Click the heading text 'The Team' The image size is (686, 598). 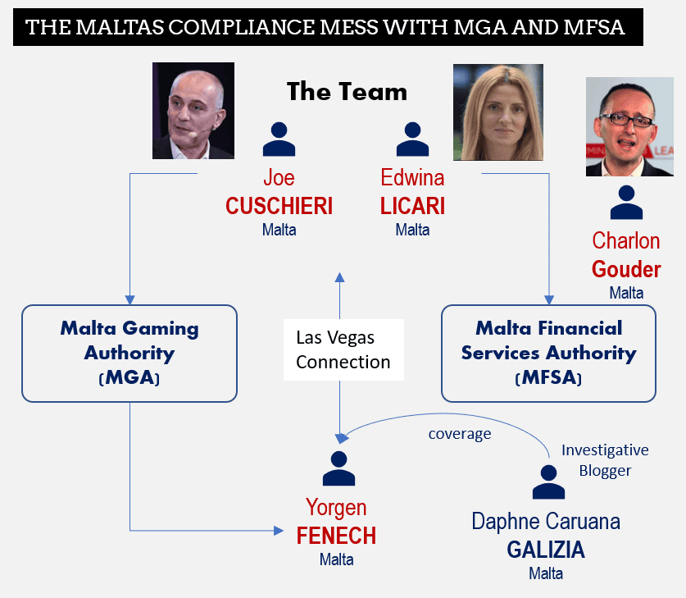click(x=347, y=92)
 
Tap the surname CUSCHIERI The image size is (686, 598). click(x=279, y=206)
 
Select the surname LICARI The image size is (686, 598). click(x=412, y=206)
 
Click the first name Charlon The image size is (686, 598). click(x=625, y=241)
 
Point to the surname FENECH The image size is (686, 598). click(x=336, y=536)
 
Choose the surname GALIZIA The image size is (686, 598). click(x=546, y=550)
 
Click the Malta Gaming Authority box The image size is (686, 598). click(x=129, y=354)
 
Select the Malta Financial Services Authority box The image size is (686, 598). click(x=548, y=354)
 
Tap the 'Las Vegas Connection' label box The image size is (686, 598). click(x=343, y=349)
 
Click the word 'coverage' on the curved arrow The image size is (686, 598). click(x=459, y=434)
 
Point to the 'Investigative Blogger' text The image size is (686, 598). click(x=605, y=460)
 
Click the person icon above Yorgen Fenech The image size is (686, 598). click(x=338, y=468)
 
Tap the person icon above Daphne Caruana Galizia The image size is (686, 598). click(x=548, y=482)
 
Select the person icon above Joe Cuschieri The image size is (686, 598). click(x=279, y=139)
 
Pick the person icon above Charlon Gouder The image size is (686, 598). click(x=626, y=203)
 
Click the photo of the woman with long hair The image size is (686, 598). click(x=498, y=112)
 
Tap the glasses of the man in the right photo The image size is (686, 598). click(x=626, y=120)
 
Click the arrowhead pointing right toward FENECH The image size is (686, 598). click(x=279, y=531)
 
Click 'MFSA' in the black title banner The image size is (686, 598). click(x=593, y=27)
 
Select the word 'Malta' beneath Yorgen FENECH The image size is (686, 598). click(x=336, y=559)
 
